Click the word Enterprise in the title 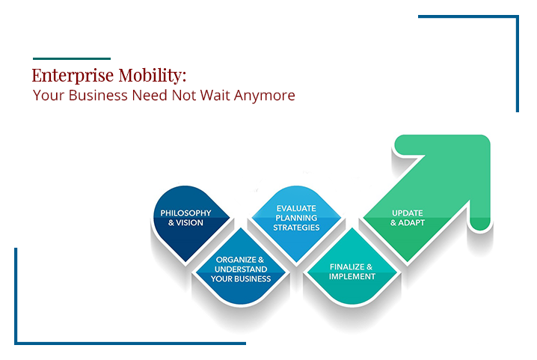tap(73, 76)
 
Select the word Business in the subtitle tap(98, 95)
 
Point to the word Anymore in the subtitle tap(265, 96)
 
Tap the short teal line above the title tap(72, 58)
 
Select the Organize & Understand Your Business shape tap(241, 266)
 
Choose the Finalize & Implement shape tap(352, 266)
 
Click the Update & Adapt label tap(408, 218)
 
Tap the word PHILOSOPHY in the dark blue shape tap(185, 213)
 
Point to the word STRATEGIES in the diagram tap(296, 228)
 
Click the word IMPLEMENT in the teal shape tap(352, 276)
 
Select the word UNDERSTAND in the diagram tap(241, 269)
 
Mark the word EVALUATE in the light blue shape tap(296, 208)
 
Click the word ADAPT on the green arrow tap(411, 222)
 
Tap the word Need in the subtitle tap(150, 95)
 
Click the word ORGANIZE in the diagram tap(236, 260)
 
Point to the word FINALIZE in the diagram tap(347, 266)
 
